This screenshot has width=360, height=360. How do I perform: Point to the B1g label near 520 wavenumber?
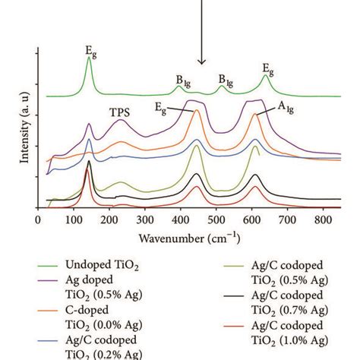(x=226, y=78)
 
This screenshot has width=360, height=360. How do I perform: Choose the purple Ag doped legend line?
(x=51, y=279)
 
